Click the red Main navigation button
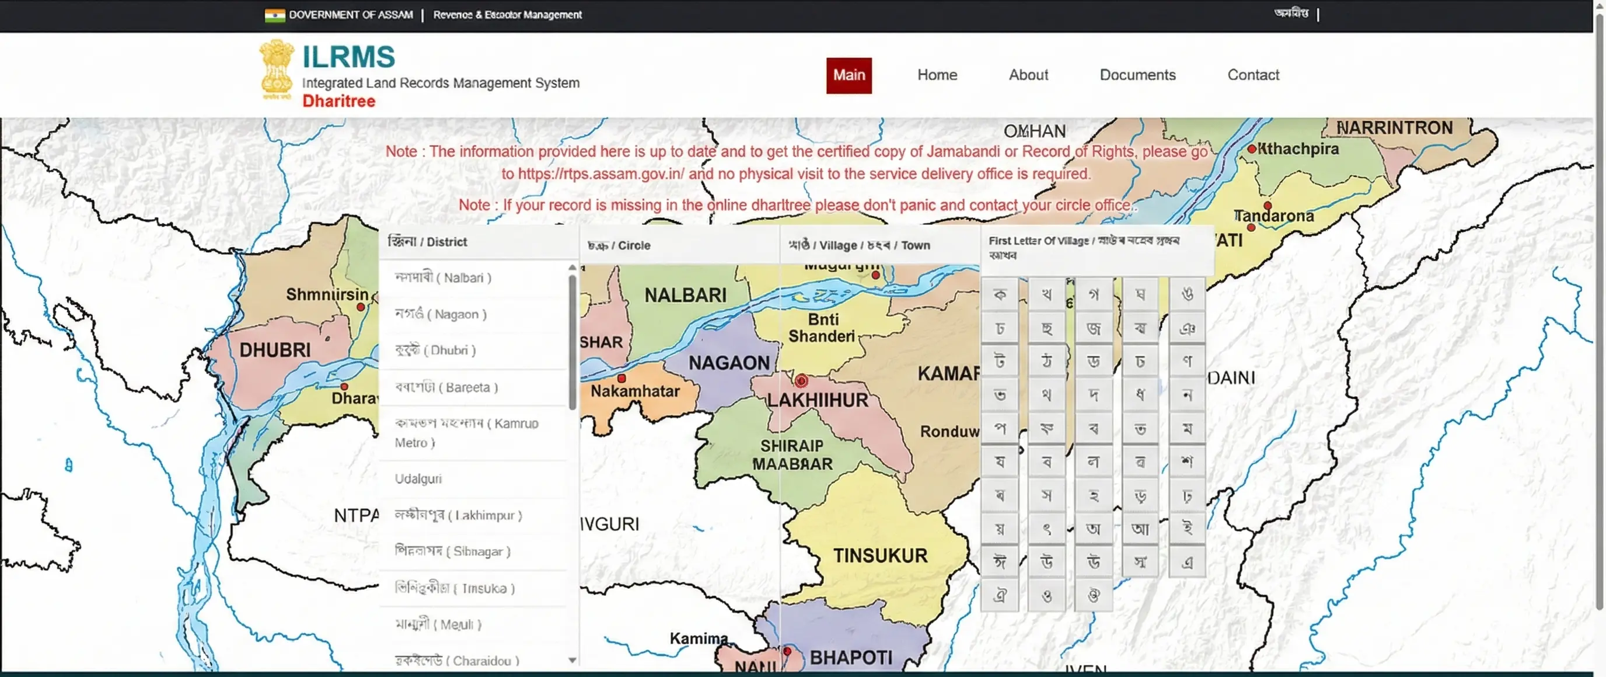tap(849, 75)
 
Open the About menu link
tap(1028, 75)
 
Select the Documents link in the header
tap(1137, 75)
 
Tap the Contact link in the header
tap(1252, 75)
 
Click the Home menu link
tap(937, 75)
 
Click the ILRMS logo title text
tap(348, 57)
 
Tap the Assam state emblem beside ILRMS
tap(276, 69)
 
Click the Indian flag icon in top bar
tap(274, 15)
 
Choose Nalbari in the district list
tap(443, 277)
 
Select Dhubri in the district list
tap(435, 350)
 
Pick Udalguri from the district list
tap(418, 478)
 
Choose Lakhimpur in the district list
tap(458, 515)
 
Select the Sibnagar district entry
tap(452, 551)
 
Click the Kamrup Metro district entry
tap(466, 432)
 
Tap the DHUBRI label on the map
tap(274, 350)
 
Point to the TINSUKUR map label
tap(879, 556)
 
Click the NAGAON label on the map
tap(728, 363)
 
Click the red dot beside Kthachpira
tap(1251, 149)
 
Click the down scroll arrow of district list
tap(572, 660)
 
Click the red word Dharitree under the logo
tap(338, 101)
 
